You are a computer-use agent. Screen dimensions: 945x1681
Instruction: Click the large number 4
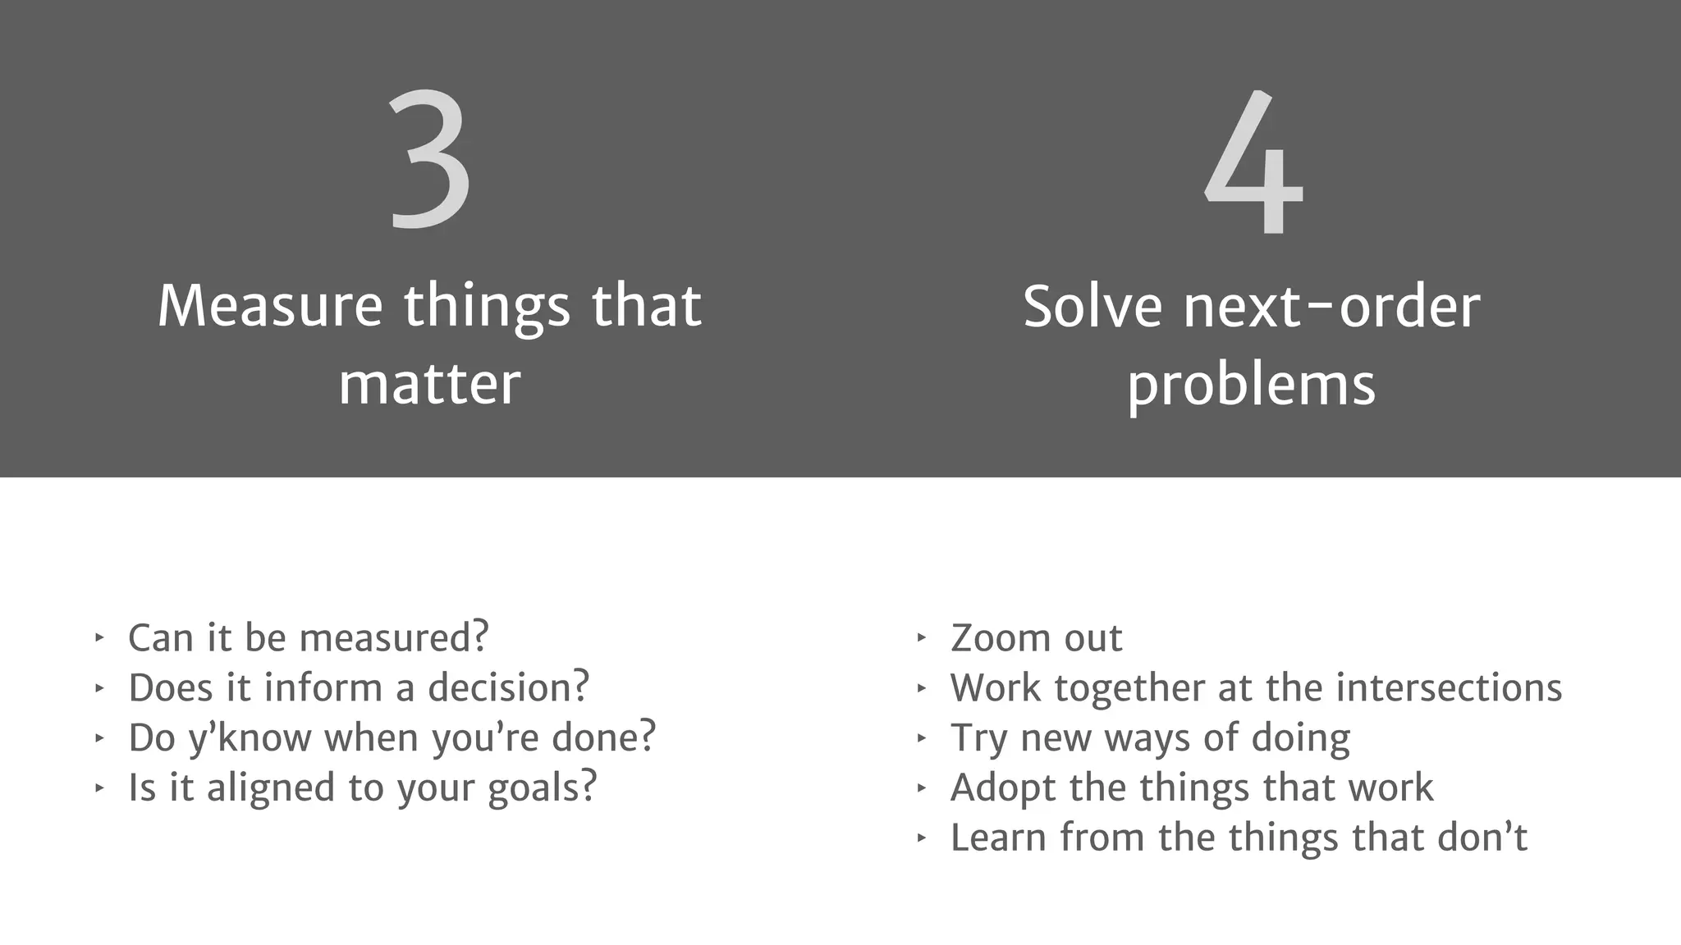pos(1253,163)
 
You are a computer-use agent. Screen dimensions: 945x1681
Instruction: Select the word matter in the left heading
pos(429,383)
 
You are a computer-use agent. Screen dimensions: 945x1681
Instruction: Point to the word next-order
pos(1331,306)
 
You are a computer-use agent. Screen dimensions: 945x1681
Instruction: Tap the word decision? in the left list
pos(508,687)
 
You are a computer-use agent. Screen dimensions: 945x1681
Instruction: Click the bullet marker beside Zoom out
pos(921,637)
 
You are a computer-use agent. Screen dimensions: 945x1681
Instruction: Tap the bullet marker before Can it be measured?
pos(99,637)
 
